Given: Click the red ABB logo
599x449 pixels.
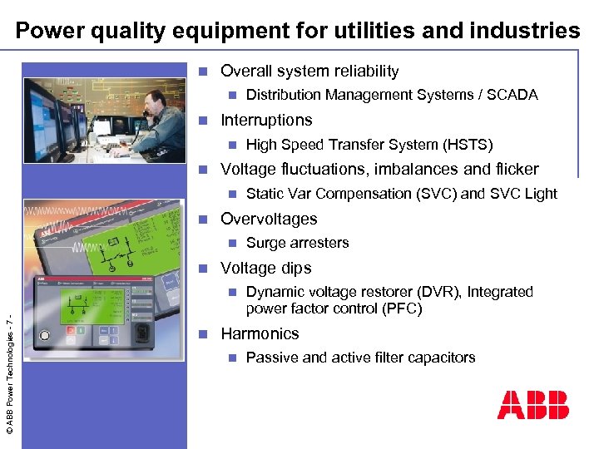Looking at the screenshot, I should (x=533, y=405).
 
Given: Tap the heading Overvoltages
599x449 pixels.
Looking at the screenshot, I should (x=269, y=219).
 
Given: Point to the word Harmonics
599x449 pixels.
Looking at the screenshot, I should (x=260, y=333).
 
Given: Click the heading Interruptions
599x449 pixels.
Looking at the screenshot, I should (x=266, y=120).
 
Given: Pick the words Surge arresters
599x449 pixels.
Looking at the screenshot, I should (x=298, y=243).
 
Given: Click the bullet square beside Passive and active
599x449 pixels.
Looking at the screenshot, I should (x=233, y=358).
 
